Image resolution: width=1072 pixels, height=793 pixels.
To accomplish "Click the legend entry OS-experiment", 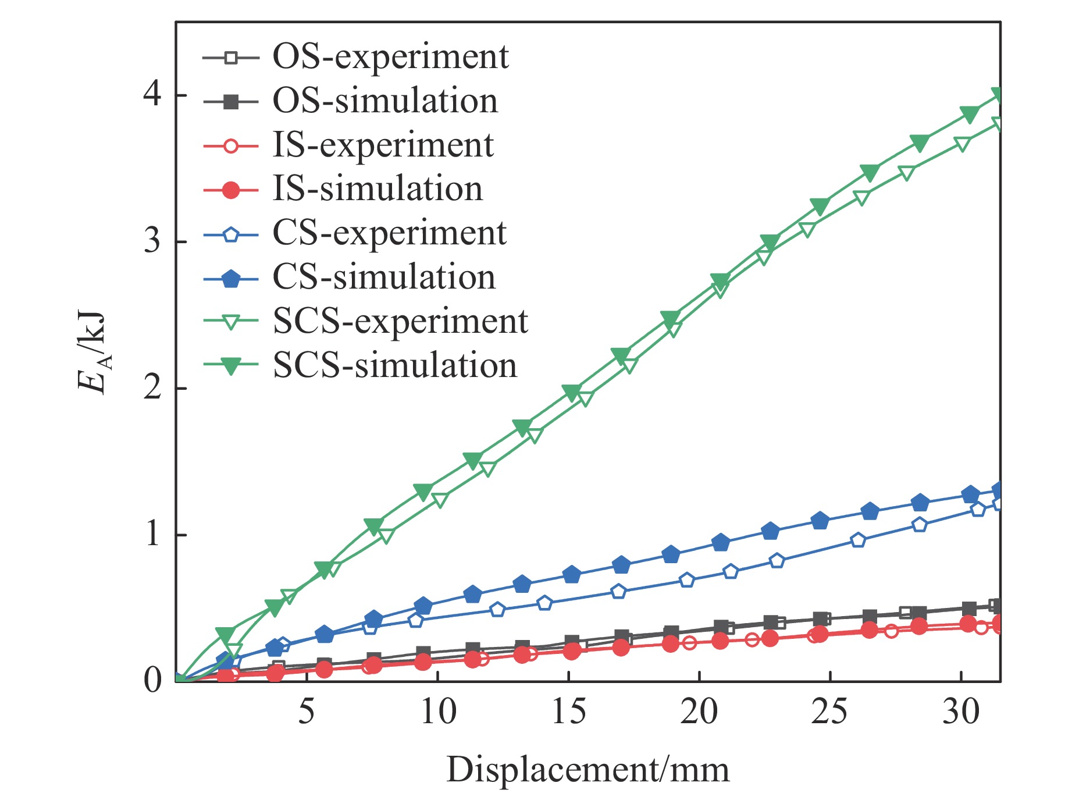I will tap(390, 57).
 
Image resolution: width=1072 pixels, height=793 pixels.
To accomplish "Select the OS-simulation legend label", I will tap(385, 101).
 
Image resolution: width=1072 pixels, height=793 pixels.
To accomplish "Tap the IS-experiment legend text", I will tap(383, 145).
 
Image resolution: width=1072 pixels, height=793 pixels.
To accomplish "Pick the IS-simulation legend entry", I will tap(377, 189).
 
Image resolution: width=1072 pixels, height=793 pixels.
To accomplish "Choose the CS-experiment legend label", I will tap(390, 233).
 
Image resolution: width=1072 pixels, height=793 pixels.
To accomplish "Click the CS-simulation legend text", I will tap(384, 278).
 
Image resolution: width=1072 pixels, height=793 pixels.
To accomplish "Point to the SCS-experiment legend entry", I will tap(400, 322).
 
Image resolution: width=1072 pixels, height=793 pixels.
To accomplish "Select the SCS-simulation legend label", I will tap(395, 366).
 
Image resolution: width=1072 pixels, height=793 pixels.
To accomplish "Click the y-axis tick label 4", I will tap(152, 94).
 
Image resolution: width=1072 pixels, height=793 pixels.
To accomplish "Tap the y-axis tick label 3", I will tap(152, 241).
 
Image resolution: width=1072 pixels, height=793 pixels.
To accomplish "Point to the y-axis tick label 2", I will tap(152, 387).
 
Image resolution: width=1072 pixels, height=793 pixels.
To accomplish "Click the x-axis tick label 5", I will tap(307, 712).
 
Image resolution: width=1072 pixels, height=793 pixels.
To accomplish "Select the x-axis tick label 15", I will tap(568, 712).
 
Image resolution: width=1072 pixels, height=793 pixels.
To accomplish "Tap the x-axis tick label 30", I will tap(961, 712).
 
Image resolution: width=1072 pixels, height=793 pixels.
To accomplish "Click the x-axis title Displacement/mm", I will tap(587, 770).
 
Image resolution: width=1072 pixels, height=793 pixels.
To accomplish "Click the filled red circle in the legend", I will tap(231, 190).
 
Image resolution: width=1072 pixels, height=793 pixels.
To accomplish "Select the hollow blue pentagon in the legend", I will tap(231, 234).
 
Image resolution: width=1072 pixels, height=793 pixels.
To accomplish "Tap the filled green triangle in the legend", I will tap(231, 367).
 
